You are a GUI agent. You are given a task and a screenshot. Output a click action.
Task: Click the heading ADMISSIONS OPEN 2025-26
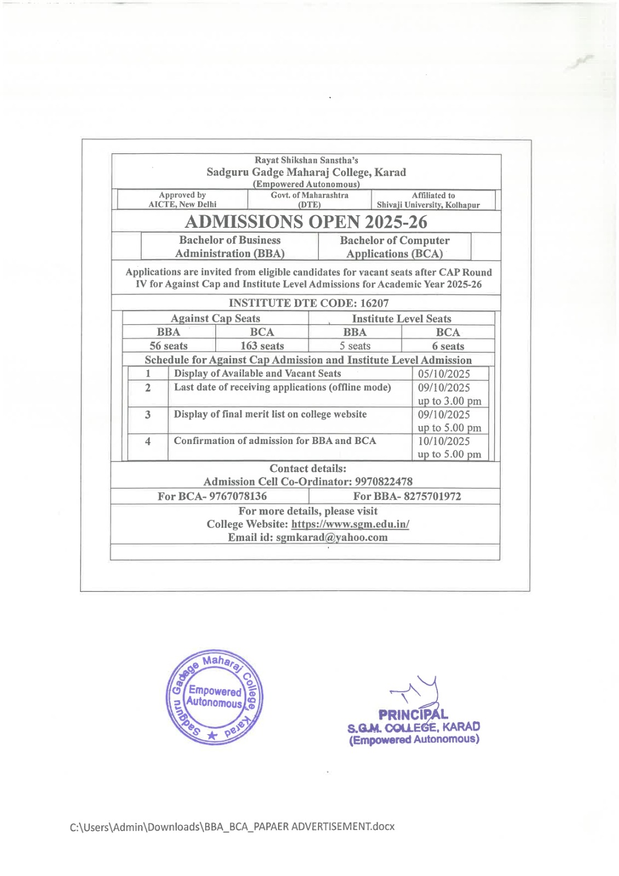306,222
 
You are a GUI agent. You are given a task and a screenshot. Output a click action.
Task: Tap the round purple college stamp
215,698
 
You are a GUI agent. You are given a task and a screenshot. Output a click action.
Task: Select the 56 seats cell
169,346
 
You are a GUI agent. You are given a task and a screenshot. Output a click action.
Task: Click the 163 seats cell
262,346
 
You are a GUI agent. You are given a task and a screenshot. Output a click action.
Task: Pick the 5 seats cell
355,346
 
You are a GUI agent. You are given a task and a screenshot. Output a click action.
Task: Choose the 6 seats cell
448,347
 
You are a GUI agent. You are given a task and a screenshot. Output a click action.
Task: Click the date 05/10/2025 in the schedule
444,374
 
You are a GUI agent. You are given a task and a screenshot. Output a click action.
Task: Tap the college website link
350,524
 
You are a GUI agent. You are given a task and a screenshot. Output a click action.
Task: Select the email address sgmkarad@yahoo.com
332,537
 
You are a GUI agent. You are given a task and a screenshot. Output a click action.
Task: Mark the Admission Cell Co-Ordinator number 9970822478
384,482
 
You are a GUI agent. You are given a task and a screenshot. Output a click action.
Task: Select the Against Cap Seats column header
215,319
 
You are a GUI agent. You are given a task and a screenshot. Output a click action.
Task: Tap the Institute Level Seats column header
401,319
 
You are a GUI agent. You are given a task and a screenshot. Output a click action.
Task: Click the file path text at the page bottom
232,826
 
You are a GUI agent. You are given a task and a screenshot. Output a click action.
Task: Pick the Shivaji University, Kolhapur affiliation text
428,205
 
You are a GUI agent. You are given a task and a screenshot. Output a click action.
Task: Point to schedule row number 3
148,415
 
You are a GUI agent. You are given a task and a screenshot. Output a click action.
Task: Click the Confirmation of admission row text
275,441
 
